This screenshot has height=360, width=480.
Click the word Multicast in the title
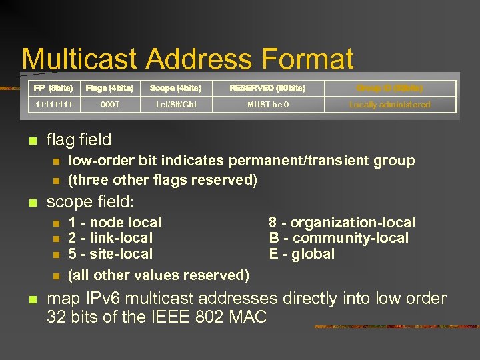pos(81,59)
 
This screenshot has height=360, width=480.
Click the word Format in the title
pos(307,59)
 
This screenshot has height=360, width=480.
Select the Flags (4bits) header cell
pos(110,88)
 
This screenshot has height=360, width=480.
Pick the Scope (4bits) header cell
pos(175,88)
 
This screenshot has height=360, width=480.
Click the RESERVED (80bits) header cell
pos(267,88)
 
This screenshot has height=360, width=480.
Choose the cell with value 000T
pos(110,105)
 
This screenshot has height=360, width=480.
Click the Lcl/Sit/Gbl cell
pos(175,105)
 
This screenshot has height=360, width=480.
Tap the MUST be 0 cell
pos(267,105)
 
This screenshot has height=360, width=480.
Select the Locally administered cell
pos(390,105)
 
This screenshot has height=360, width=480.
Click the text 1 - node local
pos(115,223)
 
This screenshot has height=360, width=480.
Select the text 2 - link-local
pos(111,238)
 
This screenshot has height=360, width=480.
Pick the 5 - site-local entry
pos(111,254)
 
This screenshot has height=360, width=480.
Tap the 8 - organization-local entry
pos(342,223)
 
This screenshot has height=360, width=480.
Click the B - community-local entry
pos(339,238)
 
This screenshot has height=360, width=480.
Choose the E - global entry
pos(302,254)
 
